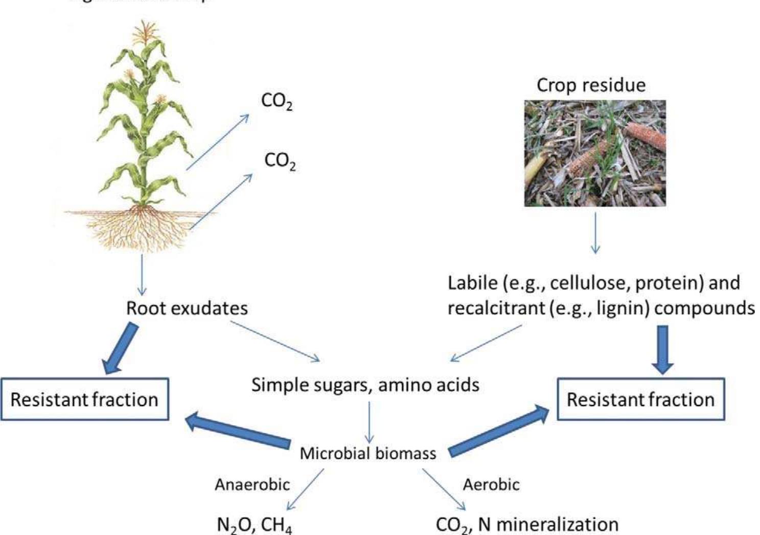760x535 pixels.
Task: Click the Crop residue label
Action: (591, 85)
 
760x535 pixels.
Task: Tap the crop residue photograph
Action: (595, 153)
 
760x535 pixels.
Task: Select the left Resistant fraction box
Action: (84, 399)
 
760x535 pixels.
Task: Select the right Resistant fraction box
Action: (640, 399)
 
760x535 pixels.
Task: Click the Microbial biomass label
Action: (367, 453)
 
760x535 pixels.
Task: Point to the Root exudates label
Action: (187, 308)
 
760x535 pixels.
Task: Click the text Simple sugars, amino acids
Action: (365, 385)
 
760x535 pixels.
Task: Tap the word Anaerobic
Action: (252, 484)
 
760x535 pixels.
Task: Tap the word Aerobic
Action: (491, 484)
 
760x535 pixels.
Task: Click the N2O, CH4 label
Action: (255, 525)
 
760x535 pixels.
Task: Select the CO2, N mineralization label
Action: (526, 525)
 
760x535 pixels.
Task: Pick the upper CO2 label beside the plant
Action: (277, 101)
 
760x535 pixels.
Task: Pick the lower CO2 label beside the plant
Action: (280, 161)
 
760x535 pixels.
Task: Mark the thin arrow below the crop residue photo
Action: (595, 233)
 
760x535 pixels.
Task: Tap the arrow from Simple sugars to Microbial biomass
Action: (369, 422)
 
